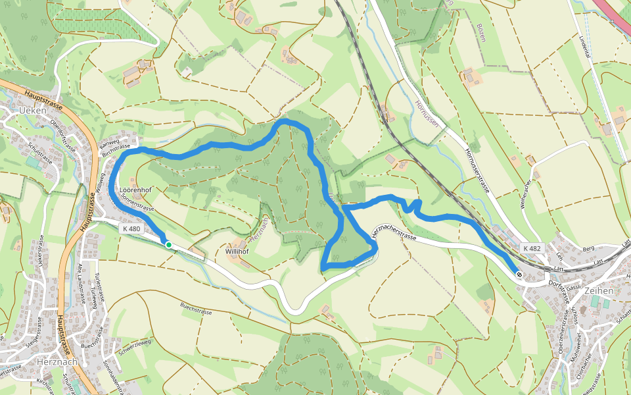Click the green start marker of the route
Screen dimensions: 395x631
tap(168, 245)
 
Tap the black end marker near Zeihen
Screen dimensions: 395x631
tap(519, 275)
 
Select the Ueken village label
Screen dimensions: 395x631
tap(34, 111)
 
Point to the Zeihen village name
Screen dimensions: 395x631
tap(598, 290)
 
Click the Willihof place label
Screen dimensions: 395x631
tap(241, 251)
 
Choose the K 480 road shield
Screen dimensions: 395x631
tap(131, 228)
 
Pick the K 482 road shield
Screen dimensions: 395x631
tap(532, 248)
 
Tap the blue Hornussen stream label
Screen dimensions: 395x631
tap(427, 113)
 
